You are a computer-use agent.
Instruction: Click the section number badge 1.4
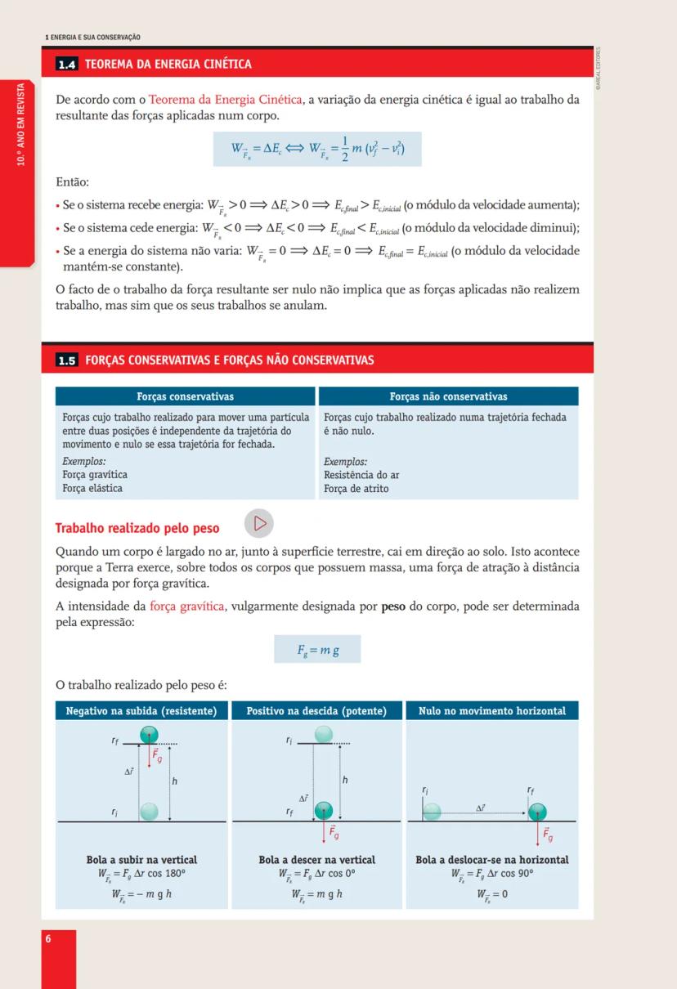(67, 65)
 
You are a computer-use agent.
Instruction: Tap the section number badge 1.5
(67, 360)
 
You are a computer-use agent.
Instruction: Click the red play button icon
(259, 523)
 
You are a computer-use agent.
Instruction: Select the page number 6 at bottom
(48, 938)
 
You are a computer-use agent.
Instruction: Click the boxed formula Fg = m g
(317, 651)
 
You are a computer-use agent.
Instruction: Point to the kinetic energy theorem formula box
(317, 150)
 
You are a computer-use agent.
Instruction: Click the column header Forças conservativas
(185, 396)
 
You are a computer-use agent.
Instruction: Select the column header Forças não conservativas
(448, 396)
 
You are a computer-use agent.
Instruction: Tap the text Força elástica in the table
(92, 488)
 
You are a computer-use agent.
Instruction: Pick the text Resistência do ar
(361, 475)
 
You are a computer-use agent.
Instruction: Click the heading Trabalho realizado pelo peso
(137, 528)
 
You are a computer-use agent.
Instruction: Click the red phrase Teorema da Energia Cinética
(226, 100)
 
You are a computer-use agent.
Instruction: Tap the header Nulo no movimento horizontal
(491, 711)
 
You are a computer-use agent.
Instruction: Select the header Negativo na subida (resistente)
(141, 711)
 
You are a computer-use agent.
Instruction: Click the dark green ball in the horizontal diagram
(537, 812)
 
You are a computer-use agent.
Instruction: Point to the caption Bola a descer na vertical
(316, 860)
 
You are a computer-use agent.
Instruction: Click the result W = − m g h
(141, 894)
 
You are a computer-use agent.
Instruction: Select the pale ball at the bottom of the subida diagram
(148, 812)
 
